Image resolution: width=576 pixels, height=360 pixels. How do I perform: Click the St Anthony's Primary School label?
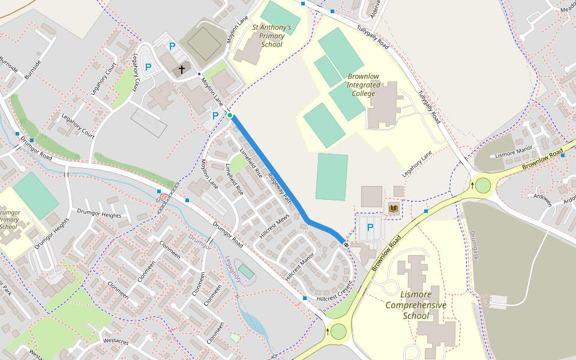pos(272,36)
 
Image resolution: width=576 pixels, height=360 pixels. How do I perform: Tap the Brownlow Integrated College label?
pos(364,85)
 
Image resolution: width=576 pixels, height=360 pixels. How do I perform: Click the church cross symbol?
pos(181,70)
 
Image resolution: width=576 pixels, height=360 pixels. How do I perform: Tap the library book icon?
pos(394,209)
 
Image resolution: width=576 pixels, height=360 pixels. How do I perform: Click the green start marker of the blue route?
pos(230,115)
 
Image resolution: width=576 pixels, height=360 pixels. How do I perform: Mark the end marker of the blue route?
pos(346,245)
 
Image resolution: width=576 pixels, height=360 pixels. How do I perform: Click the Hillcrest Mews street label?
pos(275,227)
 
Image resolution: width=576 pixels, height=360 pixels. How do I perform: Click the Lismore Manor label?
pos(514,151)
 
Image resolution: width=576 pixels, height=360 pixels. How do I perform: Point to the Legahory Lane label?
pos(417,163)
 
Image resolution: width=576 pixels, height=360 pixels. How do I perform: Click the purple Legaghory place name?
pos(233,269)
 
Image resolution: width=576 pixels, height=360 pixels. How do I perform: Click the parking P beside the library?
pos(370,227)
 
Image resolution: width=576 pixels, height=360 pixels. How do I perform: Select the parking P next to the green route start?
pos(215,115)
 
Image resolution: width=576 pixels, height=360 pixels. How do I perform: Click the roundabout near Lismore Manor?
pos(482,185)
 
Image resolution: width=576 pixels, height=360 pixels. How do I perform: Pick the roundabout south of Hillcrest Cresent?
pos(339,331)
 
